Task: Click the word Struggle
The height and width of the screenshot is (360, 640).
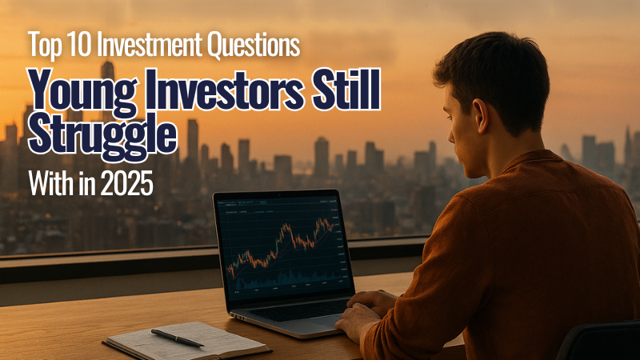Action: pos(102,135)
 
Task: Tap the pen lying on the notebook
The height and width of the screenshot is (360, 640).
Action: pos(178,337)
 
